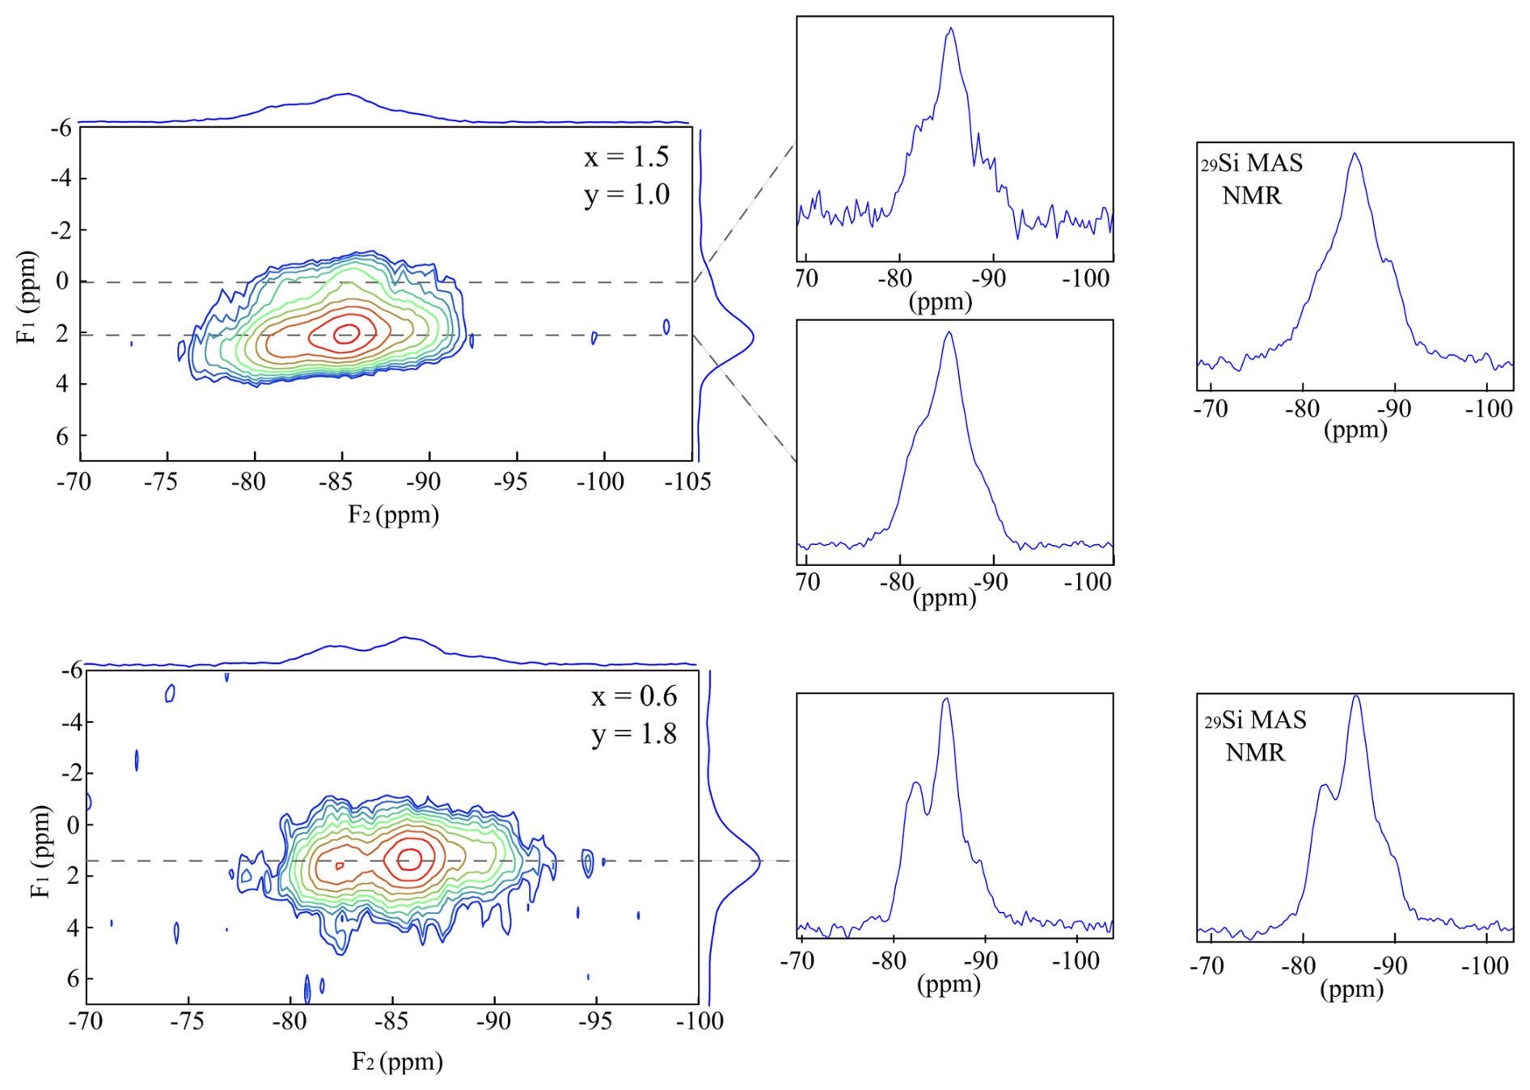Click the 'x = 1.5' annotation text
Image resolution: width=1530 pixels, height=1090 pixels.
click(627, 157)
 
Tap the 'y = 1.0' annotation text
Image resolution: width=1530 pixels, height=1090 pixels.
click(627, 195)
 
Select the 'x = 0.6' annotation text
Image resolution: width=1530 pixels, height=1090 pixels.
click(634, 696)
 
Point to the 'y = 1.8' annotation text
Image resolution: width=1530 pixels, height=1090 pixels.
click(634, 734)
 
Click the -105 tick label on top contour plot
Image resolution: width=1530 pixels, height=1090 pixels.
click(687, 483)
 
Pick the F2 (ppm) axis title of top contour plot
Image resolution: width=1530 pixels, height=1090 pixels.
click(394, 515)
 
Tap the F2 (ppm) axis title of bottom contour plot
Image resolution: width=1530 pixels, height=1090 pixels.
click(397, 1061)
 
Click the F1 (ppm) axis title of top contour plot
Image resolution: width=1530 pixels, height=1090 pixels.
click(27, 297)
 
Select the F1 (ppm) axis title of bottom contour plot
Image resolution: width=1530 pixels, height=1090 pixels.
click(40, 851)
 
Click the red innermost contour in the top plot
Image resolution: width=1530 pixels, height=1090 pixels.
click(347, 333)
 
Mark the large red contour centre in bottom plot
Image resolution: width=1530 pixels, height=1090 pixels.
click(411, 858)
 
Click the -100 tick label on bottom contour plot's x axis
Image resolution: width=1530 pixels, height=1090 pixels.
click(699, 1022)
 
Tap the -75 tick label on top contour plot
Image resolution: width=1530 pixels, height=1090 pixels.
click(161, 483)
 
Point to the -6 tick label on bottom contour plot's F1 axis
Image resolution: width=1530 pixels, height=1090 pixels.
click(72, 670)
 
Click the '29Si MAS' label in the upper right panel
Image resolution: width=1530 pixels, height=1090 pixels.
click(1252, 163)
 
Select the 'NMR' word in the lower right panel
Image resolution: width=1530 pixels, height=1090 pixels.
click(1255, 753)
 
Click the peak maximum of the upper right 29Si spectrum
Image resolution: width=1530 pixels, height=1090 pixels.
click(1355, 154)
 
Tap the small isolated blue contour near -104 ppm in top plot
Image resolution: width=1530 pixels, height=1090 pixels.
click(666, 327)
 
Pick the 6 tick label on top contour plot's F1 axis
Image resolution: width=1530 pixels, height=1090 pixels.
click(63, 437)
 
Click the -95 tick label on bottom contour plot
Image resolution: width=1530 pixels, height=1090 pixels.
click(595, 1022)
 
